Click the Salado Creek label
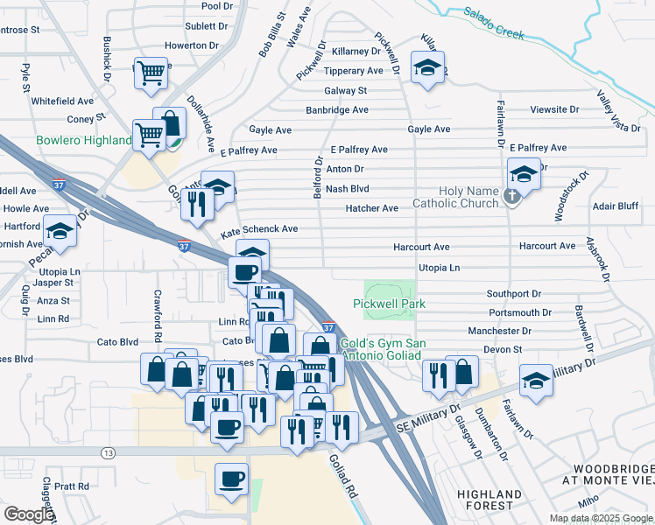[x=494, y=24]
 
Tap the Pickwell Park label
[x=389, y=304]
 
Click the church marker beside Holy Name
[x=513, y=199]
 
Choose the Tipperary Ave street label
[x=353, y=71]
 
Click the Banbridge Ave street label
[x=337, y=110]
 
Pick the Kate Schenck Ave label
[x=259, y=229]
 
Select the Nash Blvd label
[x=347, y=188]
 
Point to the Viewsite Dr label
[x=555, y=110]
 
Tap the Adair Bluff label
[x=616, y=208]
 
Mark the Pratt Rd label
[x=72, y=486]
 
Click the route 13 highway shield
[x=108, y=452]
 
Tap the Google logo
[x=29, y=514]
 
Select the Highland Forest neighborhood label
[x=485, y=500]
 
